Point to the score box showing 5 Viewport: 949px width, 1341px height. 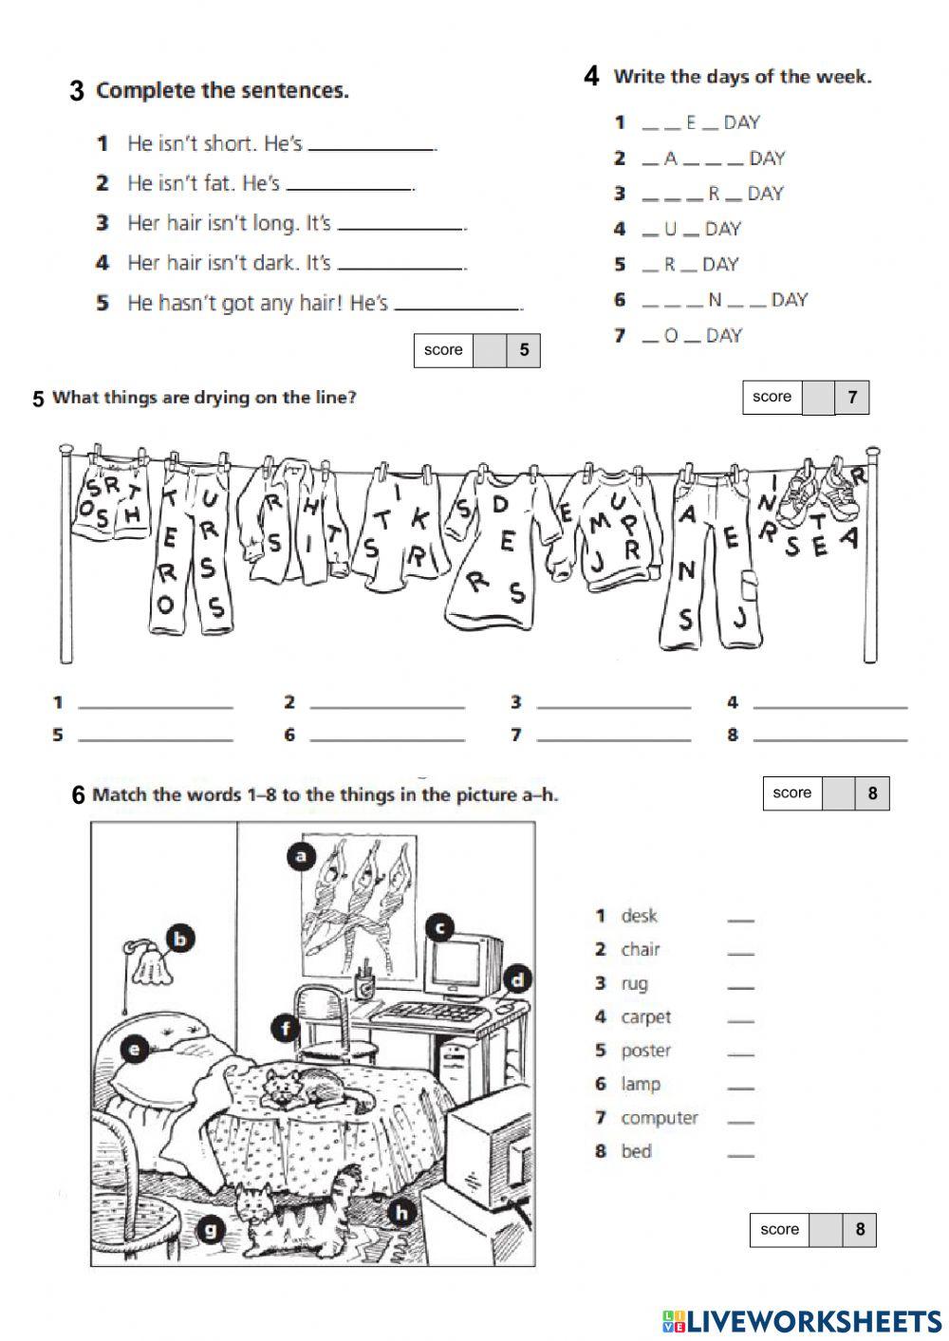coord(476,350)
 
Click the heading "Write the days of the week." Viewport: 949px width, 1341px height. coord(741,77)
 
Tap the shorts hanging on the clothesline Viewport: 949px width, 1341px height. coord(111,497)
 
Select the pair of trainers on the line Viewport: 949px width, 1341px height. coord(816,490)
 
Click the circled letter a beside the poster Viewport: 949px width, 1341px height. coord(301,857)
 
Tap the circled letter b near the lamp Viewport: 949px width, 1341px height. coord(179,940)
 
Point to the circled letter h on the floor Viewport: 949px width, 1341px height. coord(401,1212)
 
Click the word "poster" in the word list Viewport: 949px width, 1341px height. coord(645,1051)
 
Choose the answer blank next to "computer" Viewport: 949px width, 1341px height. coord(740,1120)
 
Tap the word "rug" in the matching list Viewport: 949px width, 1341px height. coord(634,983)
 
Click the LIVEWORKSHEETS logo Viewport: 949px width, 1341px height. coord(801,1320)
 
